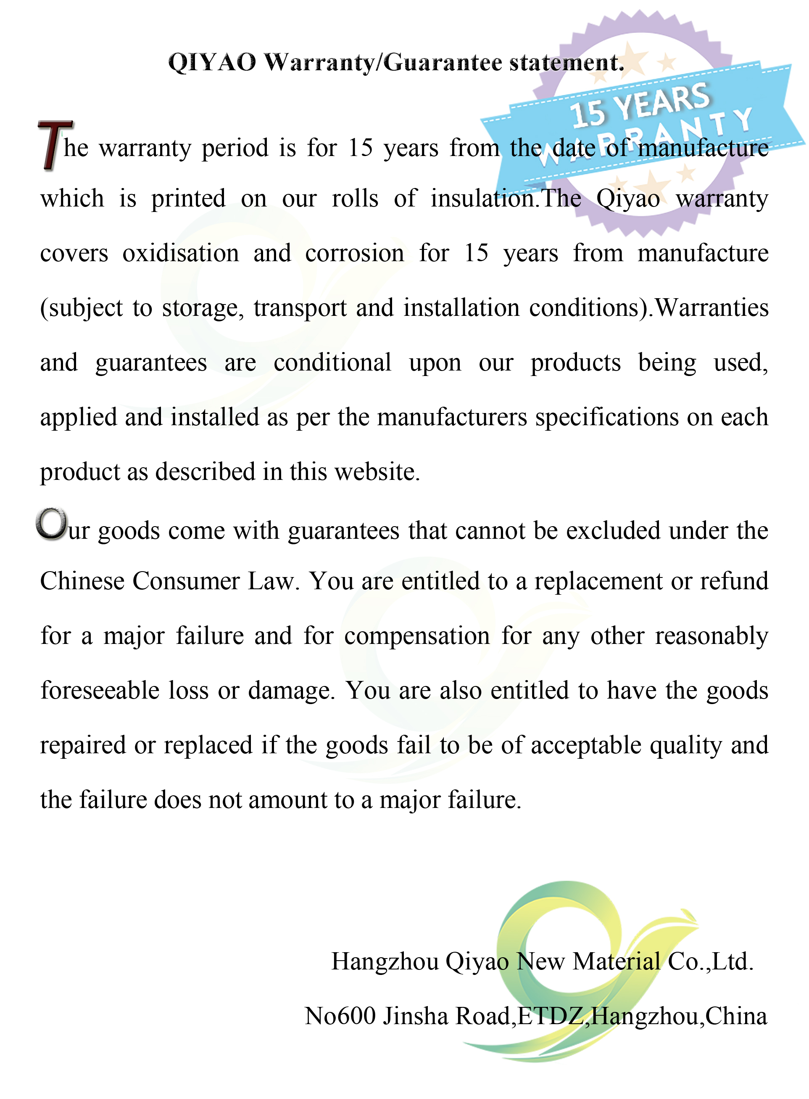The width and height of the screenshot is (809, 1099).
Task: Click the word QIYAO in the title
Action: click(x=212, y=63)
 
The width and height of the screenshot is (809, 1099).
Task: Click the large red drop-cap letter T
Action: click(x=54, y=145)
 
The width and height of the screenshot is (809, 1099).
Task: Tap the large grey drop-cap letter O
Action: click(x=51, y=524)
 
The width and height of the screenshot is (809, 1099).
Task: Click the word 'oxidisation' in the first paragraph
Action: click(x=181, y=254)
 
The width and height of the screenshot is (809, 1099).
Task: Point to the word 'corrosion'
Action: click(x=355, y=254)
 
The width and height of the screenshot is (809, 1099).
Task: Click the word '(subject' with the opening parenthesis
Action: click(x=81, y=309)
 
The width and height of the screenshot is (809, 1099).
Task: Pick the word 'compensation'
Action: click(x=417, y=636)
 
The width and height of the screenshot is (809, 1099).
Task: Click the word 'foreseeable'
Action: click(x=100, y=691)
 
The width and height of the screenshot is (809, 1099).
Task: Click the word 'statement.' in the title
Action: click(x=567, y=63)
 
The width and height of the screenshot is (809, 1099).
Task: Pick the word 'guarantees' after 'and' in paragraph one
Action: click(x=151, y=363)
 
